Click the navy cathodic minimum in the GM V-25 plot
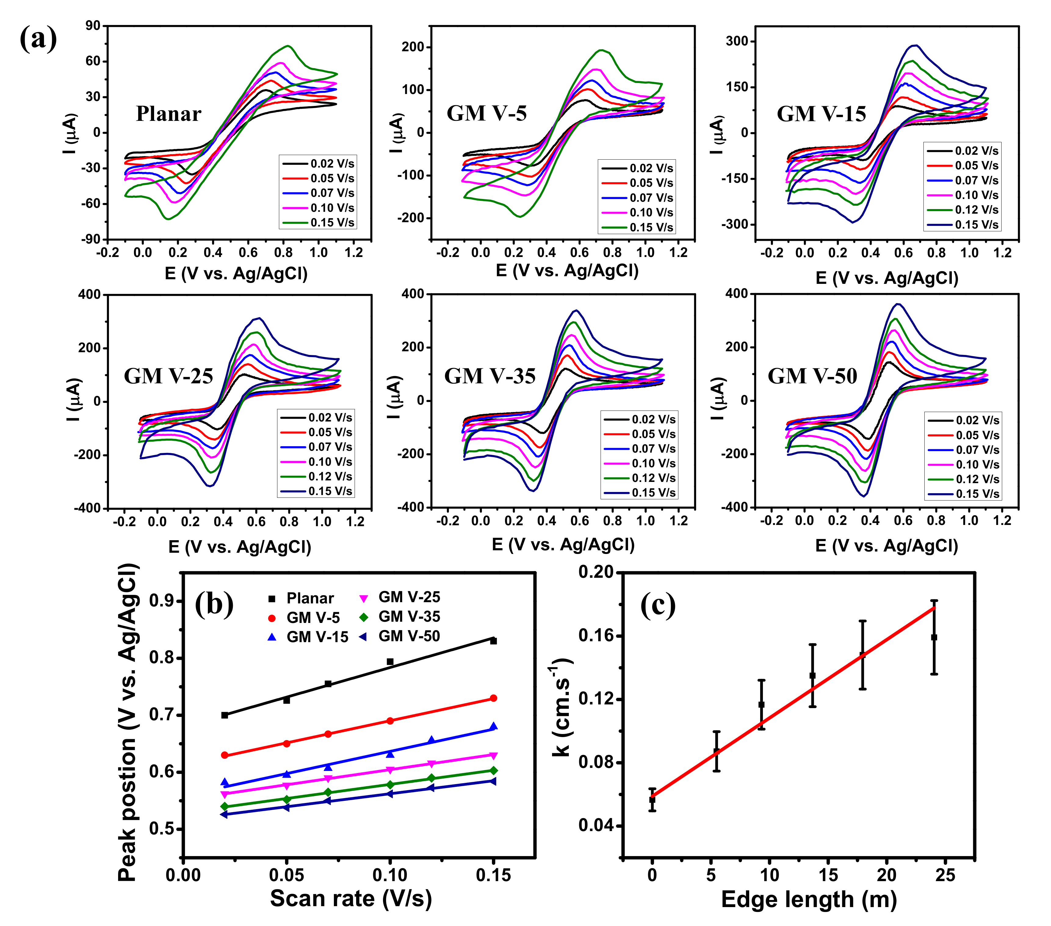point(210,486)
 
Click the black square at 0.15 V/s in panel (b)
point(493,641)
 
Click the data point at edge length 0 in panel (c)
point(652,800)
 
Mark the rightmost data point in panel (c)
point(934,637)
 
